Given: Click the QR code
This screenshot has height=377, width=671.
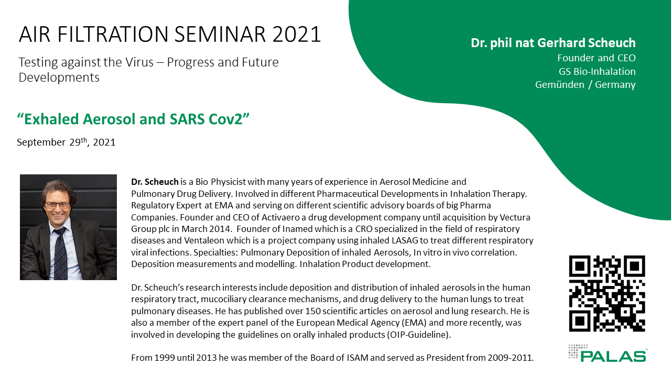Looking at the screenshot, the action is [x=607, y=294].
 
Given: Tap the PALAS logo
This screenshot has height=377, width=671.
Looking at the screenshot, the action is [x=608, y=353].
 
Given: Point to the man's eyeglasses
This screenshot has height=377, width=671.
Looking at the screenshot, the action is [x=57, y=206].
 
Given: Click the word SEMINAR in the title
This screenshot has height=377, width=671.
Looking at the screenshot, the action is [x=220, y=34].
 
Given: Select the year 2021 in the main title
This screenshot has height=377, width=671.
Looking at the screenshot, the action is [x=297, y=34].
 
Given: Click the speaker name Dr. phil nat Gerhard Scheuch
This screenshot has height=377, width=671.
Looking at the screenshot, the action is [x=553, y=43].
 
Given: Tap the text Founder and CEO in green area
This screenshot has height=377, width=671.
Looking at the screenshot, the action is [x=597, y=58].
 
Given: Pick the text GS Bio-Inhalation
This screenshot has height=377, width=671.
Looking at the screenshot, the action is [x=597, y=71].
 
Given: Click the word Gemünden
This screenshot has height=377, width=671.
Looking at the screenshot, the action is [x=559, y=85].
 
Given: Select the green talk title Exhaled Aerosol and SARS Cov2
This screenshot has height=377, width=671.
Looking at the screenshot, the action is [x=133, y=119].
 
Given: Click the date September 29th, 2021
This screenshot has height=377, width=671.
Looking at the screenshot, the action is [x=66, y=142].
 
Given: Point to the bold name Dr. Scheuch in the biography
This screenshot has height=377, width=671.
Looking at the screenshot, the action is [x=155, y=182].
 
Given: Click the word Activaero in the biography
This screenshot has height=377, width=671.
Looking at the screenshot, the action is [x=281, y=217].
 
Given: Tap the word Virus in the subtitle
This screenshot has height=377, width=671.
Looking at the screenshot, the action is [x=139, y=62].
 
